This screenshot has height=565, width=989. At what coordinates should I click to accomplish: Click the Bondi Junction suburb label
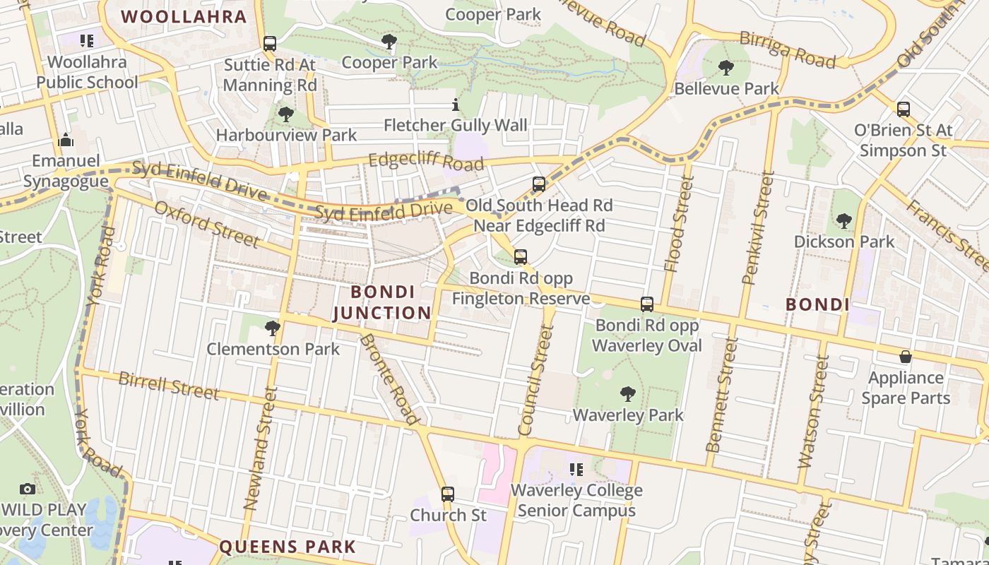click(381, 302)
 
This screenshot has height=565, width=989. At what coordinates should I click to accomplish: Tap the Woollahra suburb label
click(184, 16)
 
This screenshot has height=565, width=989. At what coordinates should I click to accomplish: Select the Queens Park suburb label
click(288, 547)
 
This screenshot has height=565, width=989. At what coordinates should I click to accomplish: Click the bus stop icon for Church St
click(447, 494)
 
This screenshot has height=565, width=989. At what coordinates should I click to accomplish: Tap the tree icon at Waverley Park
click(627, 394)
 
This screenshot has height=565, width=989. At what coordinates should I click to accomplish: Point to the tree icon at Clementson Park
click(272, 328)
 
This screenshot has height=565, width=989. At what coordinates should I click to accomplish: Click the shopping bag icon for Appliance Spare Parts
click(905, 357)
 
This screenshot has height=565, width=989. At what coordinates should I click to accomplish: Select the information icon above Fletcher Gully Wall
click(456, 105)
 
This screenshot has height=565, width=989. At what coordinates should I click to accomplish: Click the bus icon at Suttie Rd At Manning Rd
click(269, 44)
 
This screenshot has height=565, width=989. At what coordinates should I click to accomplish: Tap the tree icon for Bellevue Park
click(726, 68)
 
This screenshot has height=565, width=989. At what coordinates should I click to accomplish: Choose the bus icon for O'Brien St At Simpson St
click(903, 109)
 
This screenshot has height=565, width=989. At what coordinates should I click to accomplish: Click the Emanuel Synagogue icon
click(66, 140)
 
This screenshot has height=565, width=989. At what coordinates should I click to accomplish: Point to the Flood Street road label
click(676, 230)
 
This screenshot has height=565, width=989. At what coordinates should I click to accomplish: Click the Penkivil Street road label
click(757, 227)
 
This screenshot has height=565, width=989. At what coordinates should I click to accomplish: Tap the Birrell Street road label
click(168, 386)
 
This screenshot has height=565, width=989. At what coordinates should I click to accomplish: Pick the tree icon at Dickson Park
click(843, 220)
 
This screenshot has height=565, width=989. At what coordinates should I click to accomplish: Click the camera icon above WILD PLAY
click(28, 489)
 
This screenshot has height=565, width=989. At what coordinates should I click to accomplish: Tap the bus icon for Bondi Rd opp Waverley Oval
click(646, 304)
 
